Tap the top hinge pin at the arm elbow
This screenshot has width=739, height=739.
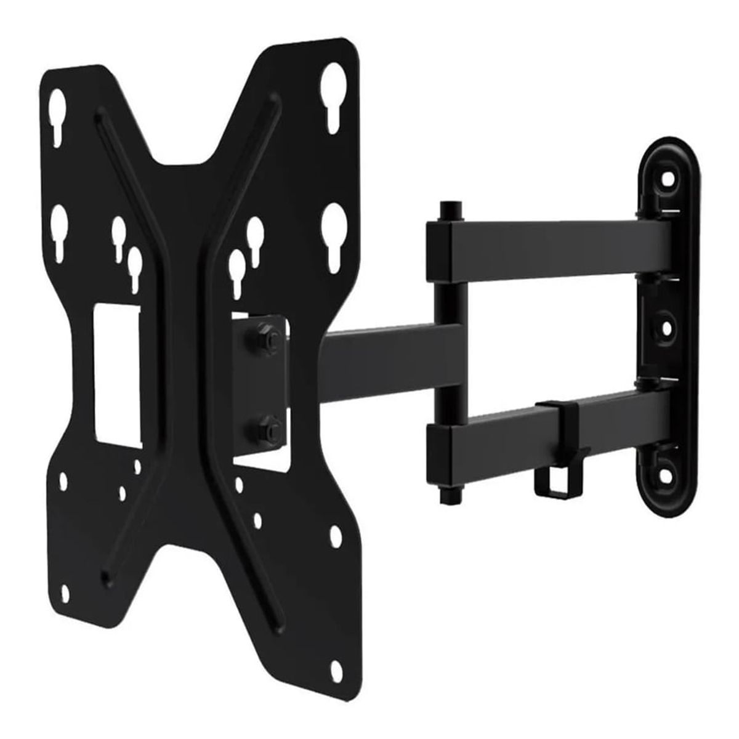click(x=451, y=209)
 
